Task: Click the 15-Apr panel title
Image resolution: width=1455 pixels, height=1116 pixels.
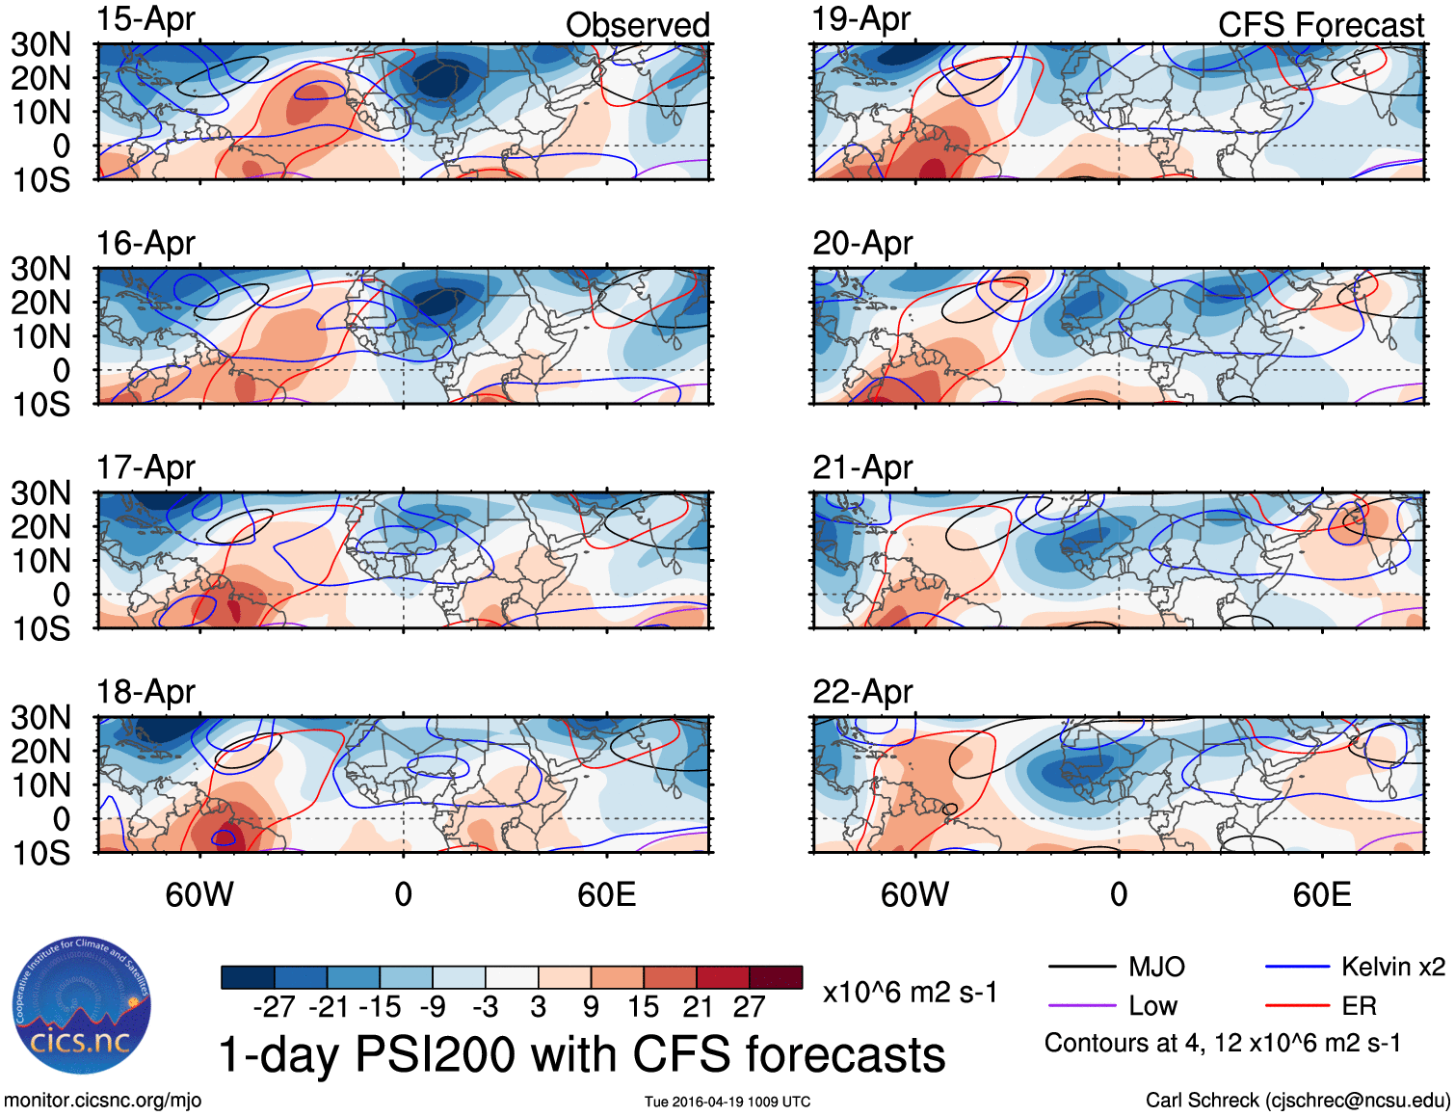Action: pos(145,19)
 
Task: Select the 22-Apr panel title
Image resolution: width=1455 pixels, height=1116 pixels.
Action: pos(862,692)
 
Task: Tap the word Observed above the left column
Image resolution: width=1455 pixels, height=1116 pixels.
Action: pos(637,25)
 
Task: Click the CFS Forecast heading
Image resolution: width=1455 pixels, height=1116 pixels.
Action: pos(1320,25)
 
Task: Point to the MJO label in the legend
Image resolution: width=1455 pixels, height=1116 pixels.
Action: pos(1156,967)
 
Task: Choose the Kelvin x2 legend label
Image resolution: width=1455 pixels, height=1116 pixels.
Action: pos(1392,967)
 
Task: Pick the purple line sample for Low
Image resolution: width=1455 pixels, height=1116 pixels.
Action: pos(1081,1006)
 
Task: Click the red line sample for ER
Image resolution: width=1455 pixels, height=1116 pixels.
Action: pos(1297,1006)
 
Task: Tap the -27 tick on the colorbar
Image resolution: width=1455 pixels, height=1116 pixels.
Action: pos(274,1007)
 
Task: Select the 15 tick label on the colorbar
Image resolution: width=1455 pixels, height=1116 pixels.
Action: pos(644,1007)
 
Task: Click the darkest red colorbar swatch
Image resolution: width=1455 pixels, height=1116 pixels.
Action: pos(776,977)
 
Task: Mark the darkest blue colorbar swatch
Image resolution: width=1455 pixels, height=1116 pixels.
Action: pos(248,977)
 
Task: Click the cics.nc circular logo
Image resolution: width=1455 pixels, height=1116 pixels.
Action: pos(81,1004)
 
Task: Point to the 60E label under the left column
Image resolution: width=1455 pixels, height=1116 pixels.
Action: pos(606,894)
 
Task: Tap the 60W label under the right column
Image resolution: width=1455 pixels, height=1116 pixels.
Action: pos(914,894)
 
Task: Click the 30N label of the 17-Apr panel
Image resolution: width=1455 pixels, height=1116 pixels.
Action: pos(40,493)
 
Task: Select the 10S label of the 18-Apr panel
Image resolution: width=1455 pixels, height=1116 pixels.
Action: pos(40,853)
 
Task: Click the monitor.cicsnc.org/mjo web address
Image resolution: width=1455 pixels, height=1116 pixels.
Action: pos(102,1101)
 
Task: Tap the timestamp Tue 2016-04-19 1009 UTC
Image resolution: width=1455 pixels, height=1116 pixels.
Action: pos(727,1102)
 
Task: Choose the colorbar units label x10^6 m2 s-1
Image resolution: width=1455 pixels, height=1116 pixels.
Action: pos(910,993)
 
